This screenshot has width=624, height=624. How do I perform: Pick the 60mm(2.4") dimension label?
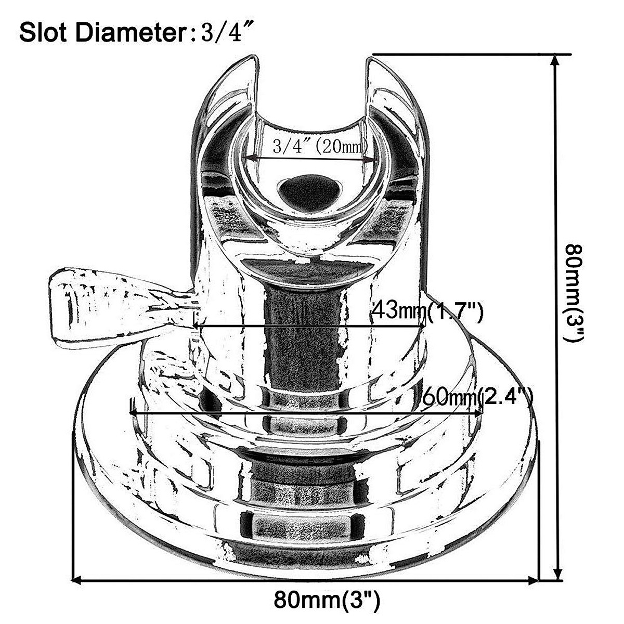point(477,399)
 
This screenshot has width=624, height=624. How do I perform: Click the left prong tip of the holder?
point(250,58)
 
